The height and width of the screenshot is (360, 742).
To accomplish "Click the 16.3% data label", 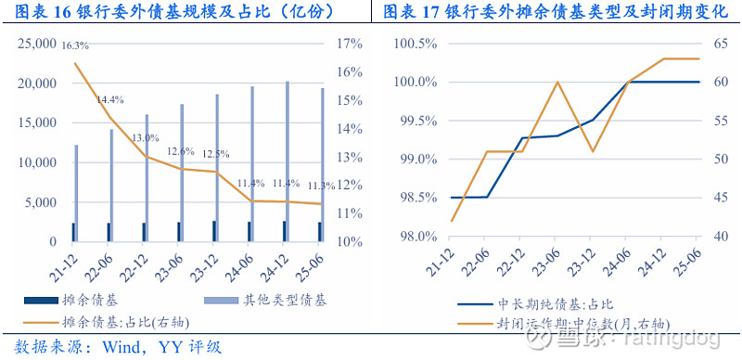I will pos(75,45).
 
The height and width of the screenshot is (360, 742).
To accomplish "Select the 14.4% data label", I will pos(110,99).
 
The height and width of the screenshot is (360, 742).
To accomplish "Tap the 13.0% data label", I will pos(145,137).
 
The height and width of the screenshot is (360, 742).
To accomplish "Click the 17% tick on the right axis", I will pos(351,44).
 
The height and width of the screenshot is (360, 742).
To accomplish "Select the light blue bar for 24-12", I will pos(288,161).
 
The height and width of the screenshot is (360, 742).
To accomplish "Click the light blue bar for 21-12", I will pos(77,192).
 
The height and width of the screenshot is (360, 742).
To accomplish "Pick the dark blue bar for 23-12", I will pos(213,231).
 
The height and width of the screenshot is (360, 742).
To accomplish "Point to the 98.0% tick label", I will pos(416,237).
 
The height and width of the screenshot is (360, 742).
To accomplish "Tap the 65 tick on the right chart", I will pos(717,44).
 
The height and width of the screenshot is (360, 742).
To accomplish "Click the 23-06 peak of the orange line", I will pos(556,82).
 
